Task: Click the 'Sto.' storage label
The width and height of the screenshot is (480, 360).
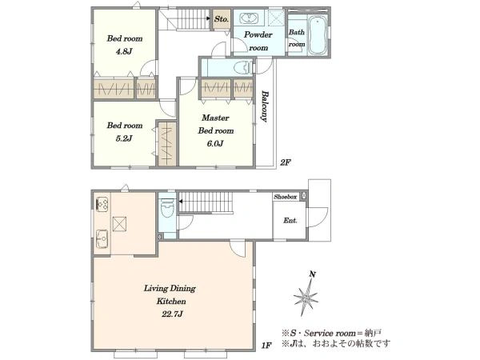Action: tap(222, 19)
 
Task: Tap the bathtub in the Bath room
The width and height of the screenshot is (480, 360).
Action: tap(318, 35)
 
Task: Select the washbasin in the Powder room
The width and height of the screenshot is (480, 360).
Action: tap(249, 18)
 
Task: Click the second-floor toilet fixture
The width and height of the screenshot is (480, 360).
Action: tap(243, 68)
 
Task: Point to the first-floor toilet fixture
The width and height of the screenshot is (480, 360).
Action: tap(167, 207)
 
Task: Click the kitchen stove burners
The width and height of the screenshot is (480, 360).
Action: tap(102, 204)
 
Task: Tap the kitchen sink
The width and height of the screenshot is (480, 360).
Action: tap(102, 238)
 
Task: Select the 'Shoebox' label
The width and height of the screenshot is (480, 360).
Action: tap(286, 197)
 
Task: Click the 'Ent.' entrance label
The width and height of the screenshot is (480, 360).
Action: tap(290, 221)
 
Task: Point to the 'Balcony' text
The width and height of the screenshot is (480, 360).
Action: tap(265, 106)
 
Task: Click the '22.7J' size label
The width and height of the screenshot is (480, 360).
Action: tap(172, 314)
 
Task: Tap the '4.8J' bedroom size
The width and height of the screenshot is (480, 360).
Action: tap(124, 51)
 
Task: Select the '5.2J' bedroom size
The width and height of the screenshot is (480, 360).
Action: tap(124, 138)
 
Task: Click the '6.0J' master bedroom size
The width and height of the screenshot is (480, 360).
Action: tap(215, 143)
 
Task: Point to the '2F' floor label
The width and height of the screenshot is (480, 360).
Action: tap(285, 162)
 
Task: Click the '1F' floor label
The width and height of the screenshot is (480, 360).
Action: tap(266, 346)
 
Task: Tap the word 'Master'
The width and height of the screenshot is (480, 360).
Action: tap(215, 118)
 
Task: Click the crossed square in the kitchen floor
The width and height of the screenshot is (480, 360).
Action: tap(120, 224)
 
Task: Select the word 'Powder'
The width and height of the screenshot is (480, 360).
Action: tap(258, 34)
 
